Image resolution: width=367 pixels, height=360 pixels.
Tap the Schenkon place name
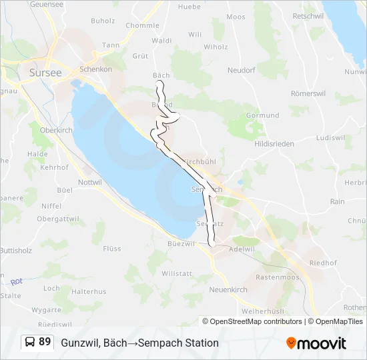point(94,69)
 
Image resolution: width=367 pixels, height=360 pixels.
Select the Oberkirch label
point(56,131)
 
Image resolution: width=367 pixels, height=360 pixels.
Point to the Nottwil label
point(90,182)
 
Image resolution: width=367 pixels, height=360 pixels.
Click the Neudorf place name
point(242,69)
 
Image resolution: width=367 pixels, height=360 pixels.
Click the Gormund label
point(262,115)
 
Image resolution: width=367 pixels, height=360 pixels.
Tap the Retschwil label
point(308,15)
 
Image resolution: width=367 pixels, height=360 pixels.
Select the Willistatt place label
point(177,273)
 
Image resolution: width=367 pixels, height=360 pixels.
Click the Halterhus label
point(89,291)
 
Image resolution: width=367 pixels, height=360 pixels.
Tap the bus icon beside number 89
point(30,342)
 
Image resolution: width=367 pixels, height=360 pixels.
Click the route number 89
point(45,342)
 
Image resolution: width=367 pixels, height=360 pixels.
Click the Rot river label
point(17,281)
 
